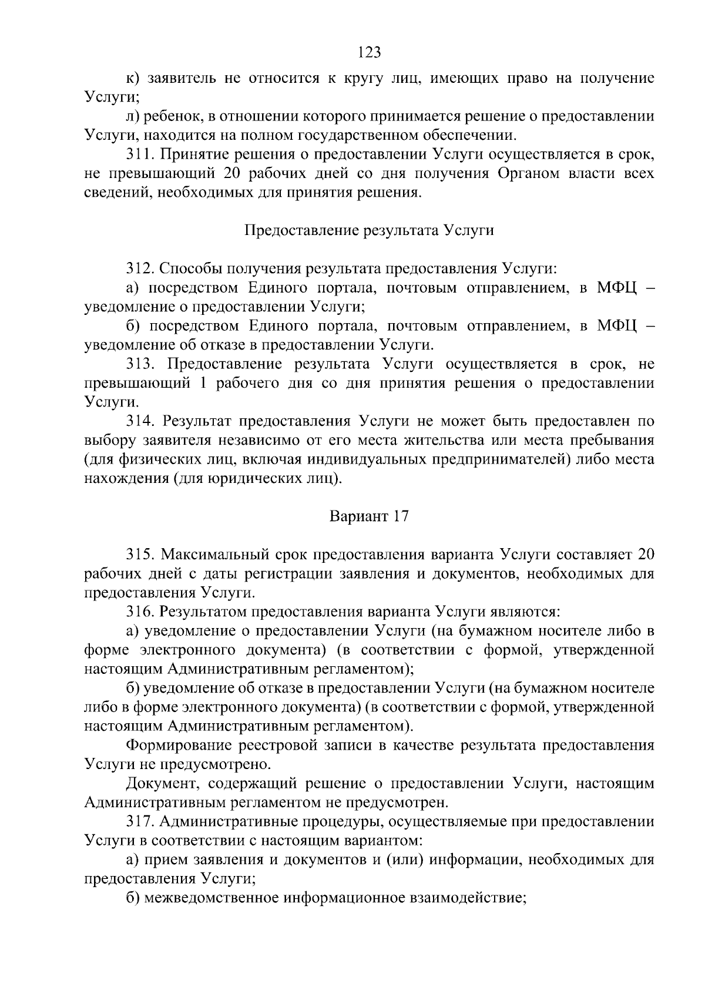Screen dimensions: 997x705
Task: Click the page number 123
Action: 370,52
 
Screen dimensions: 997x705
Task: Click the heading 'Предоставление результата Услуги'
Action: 369,230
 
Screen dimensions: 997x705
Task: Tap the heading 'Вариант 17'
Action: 369,516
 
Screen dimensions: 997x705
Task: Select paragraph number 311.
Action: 140,155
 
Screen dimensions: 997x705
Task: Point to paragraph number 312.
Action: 140,268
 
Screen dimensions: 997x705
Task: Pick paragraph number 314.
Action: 140,421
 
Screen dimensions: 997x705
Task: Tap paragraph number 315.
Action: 140,554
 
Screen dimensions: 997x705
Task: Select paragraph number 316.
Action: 140,612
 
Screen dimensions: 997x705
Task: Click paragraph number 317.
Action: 140,821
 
